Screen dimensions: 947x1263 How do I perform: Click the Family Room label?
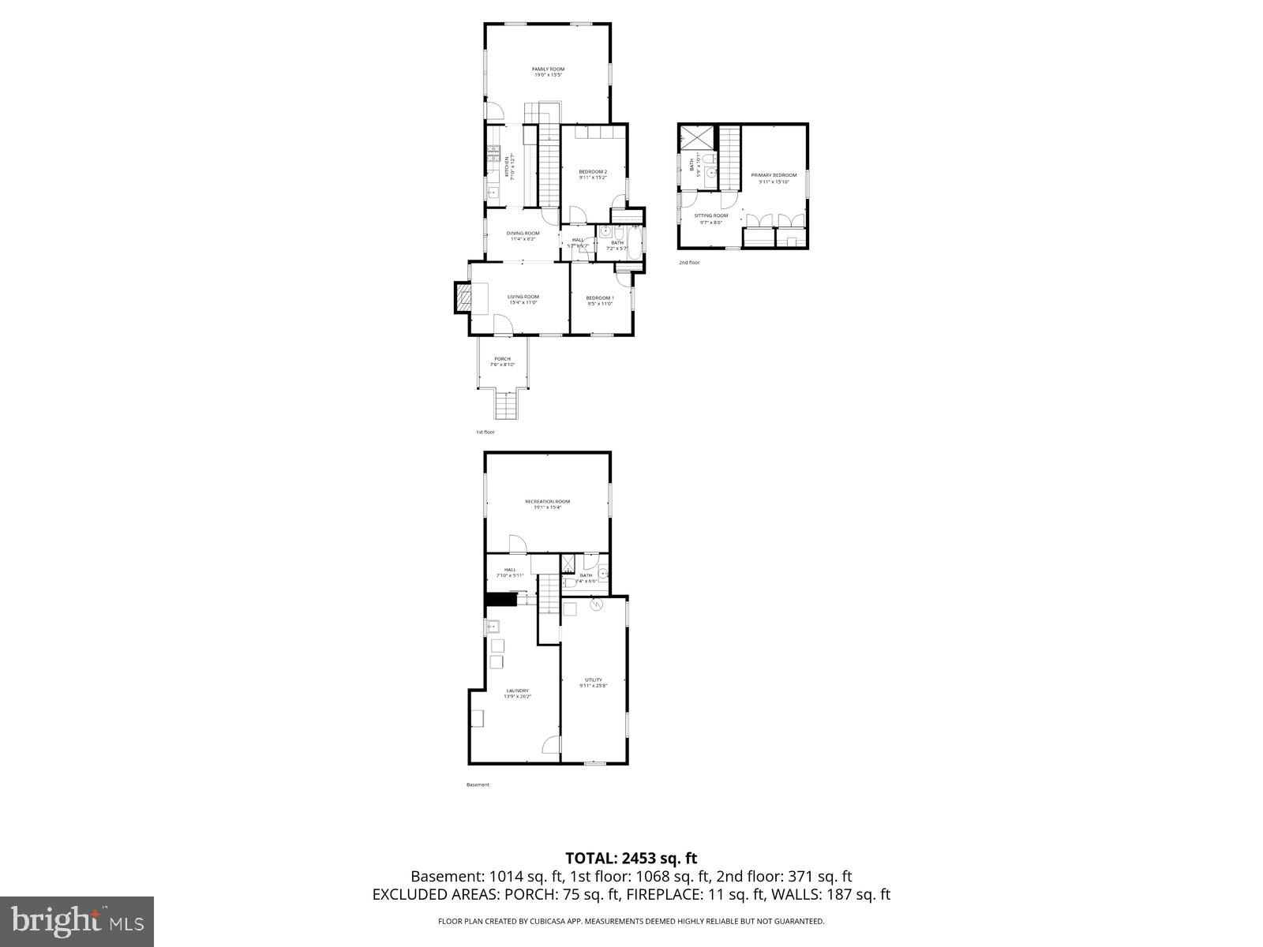point(548,69)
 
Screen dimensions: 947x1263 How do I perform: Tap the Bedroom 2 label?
point(593,171)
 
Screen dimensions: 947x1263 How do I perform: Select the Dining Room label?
point(523,233)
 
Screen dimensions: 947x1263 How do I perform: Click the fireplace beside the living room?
point(462,298)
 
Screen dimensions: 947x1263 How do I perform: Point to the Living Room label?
point(523,297)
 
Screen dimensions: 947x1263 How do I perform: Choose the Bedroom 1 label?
point(600,298)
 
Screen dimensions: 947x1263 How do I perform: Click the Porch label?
point(502,359)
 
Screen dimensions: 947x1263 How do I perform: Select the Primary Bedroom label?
point(774,175)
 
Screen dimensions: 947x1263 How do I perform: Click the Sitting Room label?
point(711,215)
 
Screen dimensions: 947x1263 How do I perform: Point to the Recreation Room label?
point(547,501)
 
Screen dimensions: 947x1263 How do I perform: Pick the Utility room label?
point(594,679)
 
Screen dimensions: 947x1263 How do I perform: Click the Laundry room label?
point(518,691)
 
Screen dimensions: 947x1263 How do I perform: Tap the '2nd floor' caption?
point(689,262)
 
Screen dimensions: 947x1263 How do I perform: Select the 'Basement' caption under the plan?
point(478,784)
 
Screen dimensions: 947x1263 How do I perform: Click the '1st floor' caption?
point(485,432)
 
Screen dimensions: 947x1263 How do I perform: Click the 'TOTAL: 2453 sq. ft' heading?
point(631,858)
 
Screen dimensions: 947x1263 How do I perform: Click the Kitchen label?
point(508,167)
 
